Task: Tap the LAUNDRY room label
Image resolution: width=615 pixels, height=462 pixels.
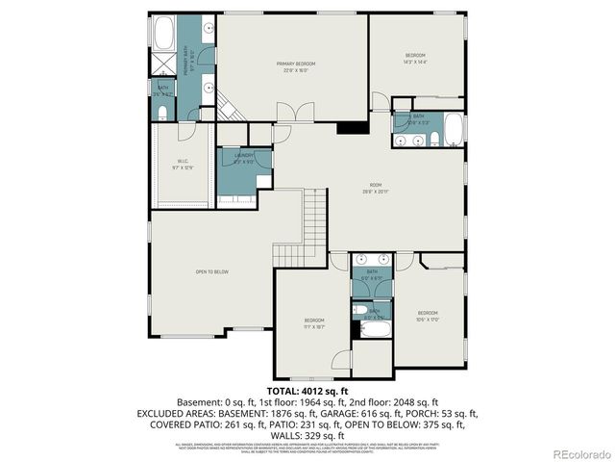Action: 243,157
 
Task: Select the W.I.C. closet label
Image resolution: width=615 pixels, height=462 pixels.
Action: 183,165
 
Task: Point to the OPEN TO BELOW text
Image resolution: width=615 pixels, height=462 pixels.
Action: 211,272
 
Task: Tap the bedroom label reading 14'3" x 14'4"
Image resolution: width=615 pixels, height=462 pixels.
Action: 415,59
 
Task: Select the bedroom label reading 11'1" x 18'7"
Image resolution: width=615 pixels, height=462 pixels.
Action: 314,324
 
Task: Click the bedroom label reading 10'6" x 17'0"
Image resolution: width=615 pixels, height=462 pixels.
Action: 428,317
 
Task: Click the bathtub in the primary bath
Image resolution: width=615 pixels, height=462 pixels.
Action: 164,33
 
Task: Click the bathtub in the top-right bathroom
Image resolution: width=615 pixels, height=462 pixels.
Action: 454,130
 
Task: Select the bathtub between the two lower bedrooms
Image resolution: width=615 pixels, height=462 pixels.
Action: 375,329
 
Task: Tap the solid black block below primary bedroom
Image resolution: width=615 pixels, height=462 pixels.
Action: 354,128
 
